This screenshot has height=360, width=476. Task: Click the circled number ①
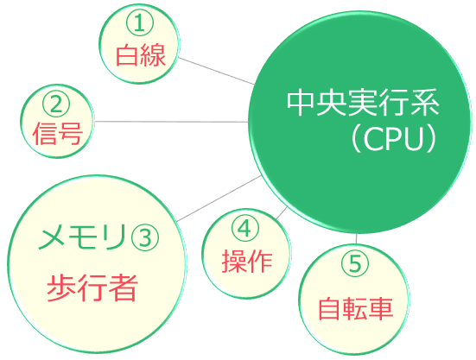(x=140, y=23)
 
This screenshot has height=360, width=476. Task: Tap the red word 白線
(x=141, y=55)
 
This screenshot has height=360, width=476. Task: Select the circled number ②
(x=56, y=104)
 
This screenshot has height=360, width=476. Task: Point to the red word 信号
(x=57, y=134)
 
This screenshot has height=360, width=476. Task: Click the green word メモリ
(x=81, y=237)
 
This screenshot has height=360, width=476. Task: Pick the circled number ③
(x=145, y=237)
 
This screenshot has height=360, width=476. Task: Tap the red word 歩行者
(x=92, y=287)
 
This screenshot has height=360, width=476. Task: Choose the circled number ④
(x=245, y=229)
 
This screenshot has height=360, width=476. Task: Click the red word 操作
(x=247, y=262)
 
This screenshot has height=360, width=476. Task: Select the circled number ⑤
(x=355, y=263)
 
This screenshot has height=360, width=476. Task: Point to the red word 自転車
(x=356, y=309)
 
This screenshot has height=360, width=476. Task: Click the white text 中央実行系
(x=363, y=102)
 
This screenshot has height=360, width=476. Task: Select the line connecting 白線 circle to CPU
(x=216, y=71)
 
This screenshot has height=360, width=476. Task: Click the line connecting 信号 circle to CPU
(x=171, y=122)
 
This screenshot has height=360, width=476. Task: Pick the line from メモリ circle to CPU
(x=219, y=199)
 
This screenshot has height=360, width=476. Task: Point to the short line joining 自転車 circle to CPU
(x=357, y=239)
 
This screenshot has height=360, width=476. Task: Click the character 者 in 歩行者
(x=124, y=287)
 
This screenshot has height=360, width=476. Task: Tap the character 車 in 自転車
(x=381, y=309)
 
